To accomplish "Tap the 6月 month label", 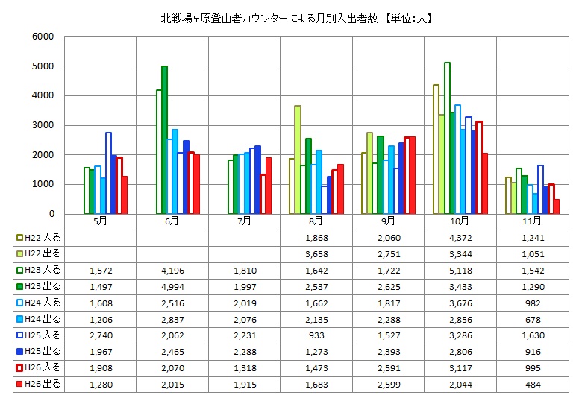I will coord(172,221).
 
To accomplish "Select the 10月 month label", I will coord(460,221).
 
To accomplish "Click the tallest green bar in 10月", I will coord(447,138).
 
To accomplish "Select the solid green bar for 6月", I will coord(164,140).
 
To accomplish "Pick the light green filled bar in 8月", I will coord(298,160).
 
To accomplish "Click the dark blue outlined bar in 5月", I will coord(108,173).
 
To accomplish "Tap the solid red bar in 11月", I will coord(557,206).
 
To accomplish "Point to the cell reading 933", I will coord(316,335).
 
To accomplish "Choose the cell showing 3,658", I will coord(316,253).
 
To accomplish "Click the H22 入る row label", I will coord(39,237).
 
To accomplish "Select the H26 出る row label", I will coord(39,385).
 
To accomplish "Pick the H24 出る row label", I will coord(39,319).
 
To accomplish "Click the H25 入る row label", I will coord(39,335).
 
